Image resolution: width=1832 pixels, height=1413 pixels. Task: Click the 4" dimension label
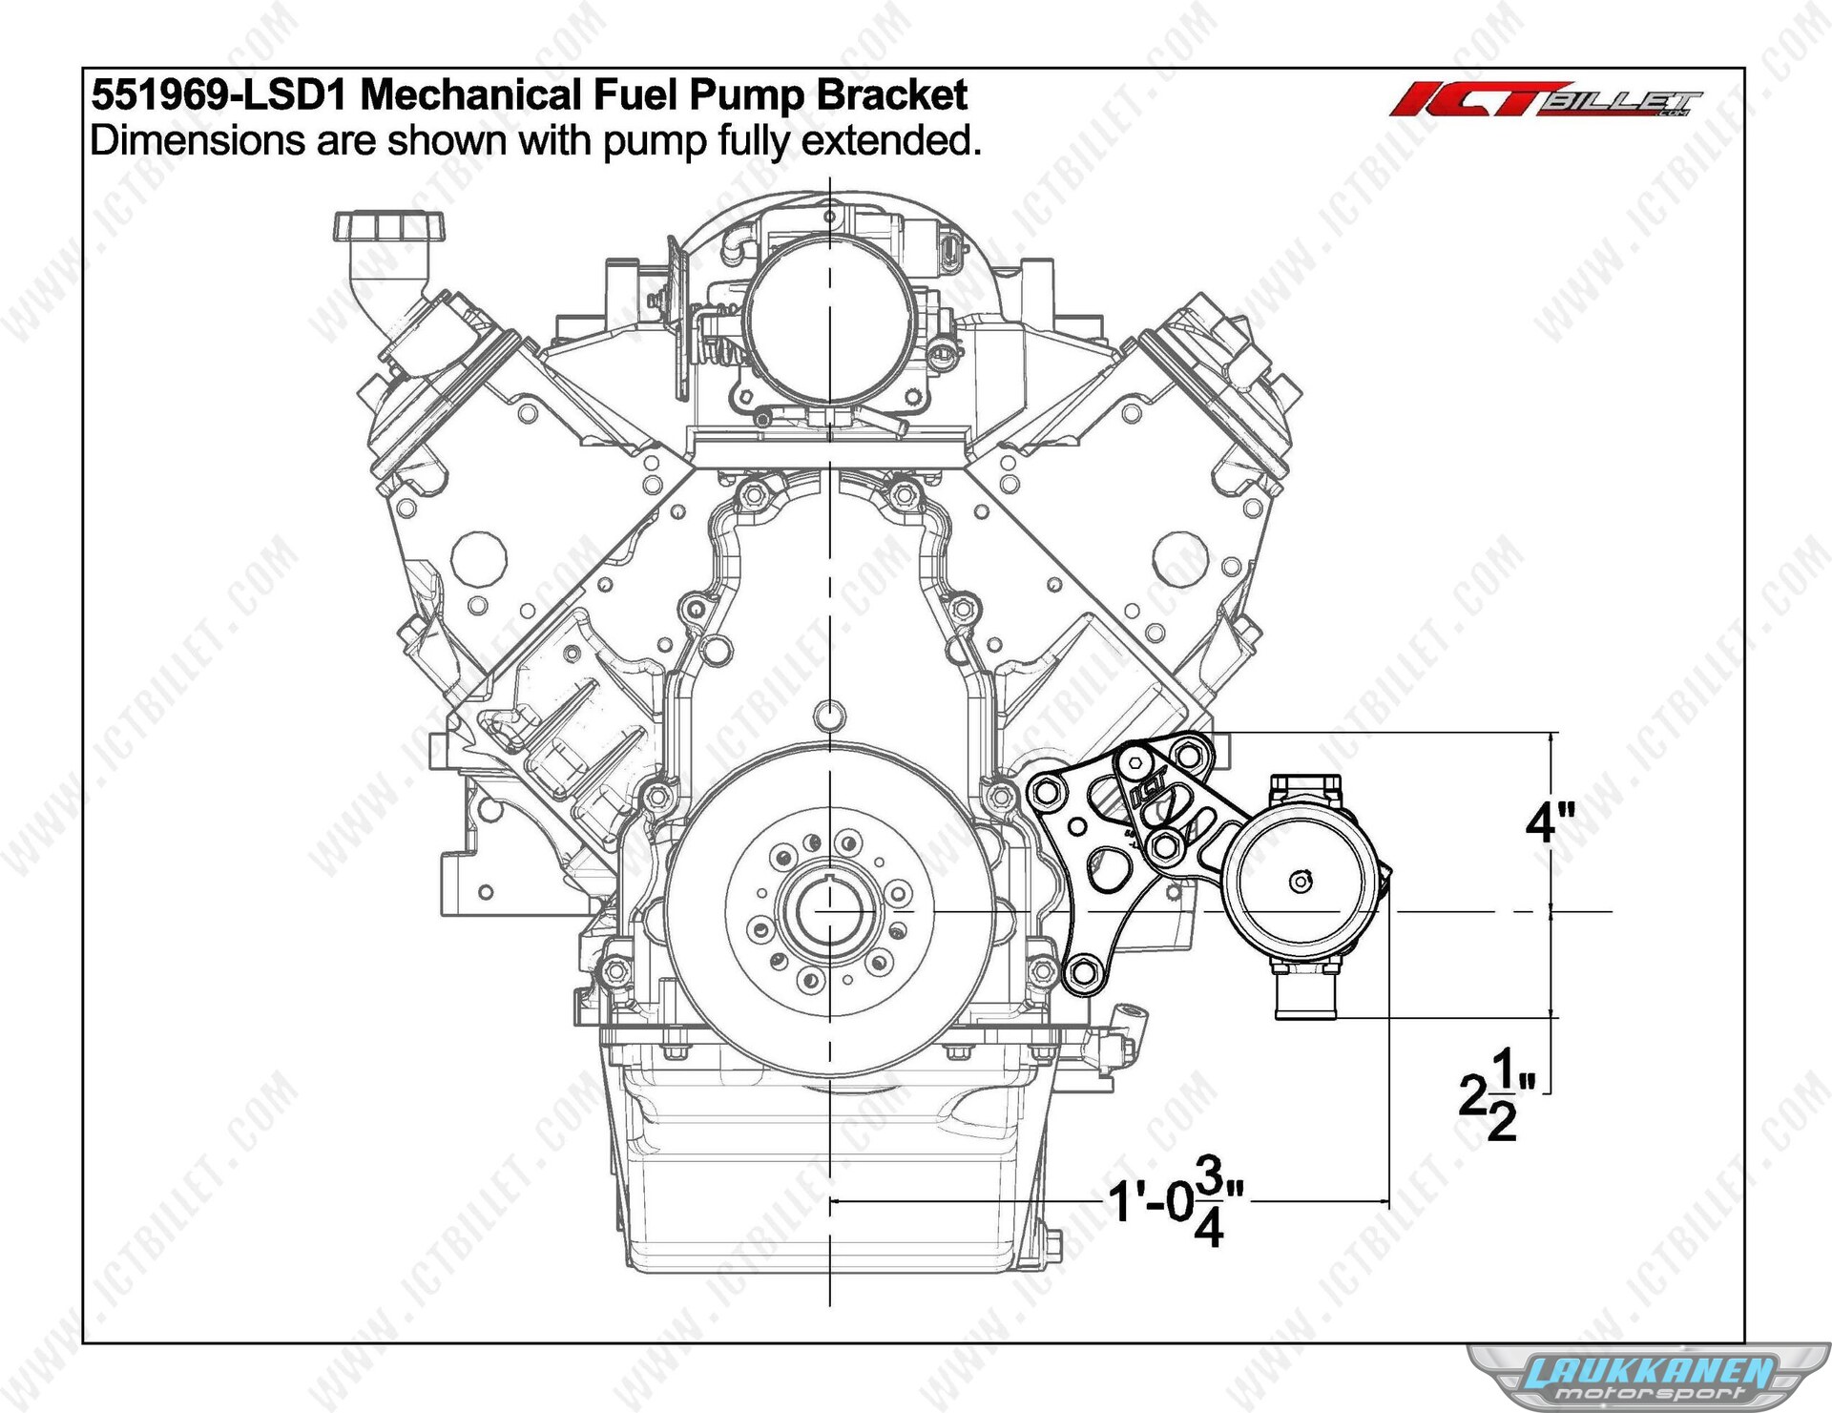pos(1550,821)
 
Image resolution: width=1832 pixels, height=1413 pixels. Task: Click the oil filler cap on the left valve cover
pos(390,226)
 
